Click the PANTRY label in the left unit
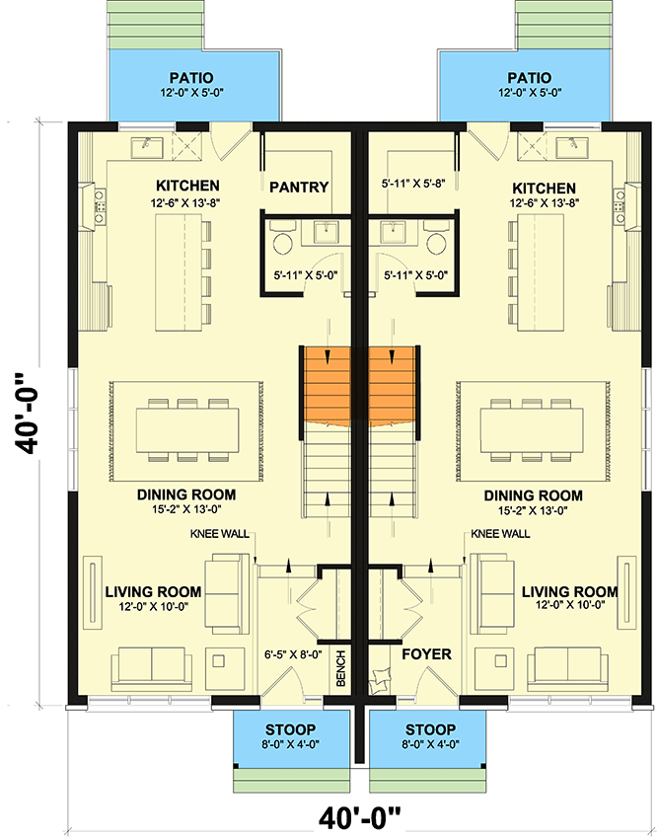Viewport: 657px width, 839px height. click(x=298, y=187)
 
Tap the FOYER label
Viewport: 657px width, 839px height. click(x=426, y=653)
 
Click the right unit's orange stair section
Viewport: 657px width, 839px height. click(x=395, y=384)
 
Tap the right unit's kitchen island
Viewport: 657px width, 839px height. click(x=531, y=273)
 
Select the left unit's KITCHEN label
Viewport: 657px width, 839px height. click(x=187, y=186)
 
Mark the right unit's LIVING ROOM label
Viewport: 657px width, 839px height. click(x=569, y=592)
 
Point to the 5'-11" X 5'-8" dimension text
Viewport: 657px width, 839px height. click(x=414, y=183)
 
